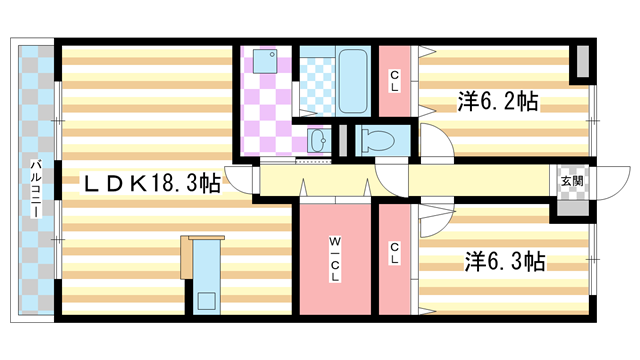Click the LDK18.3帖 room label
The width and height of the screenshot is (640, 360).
151,183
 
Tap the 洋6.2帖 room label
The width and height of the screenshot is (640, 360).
499,102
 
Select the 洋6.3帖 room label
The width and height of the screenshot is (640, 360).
503,262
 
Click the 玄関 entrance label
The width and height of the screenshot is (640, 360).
571,181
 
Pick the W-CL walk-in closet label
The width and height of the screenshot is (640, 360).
334,257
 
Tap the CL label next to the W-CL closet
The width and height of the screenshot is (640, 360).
395,256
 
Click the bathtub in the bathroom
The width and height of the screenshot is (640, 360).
354,80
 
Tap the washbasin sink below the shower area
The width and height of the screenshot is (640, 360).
319,138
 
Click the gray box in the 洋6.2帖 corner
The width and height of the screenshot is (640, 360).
579,64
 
